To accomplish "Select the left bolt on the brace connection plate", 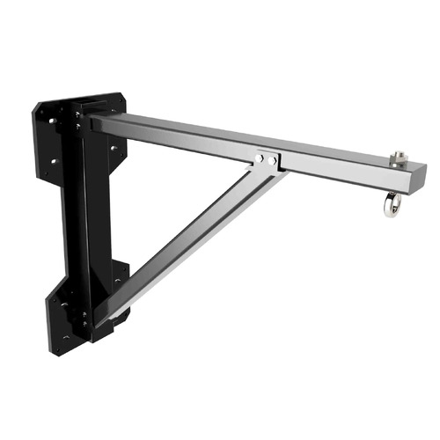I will [260, 159].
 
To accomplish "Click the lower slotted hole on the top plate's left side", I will [55, 161].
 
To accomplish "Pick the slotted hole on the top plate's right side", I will [114, 149].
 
